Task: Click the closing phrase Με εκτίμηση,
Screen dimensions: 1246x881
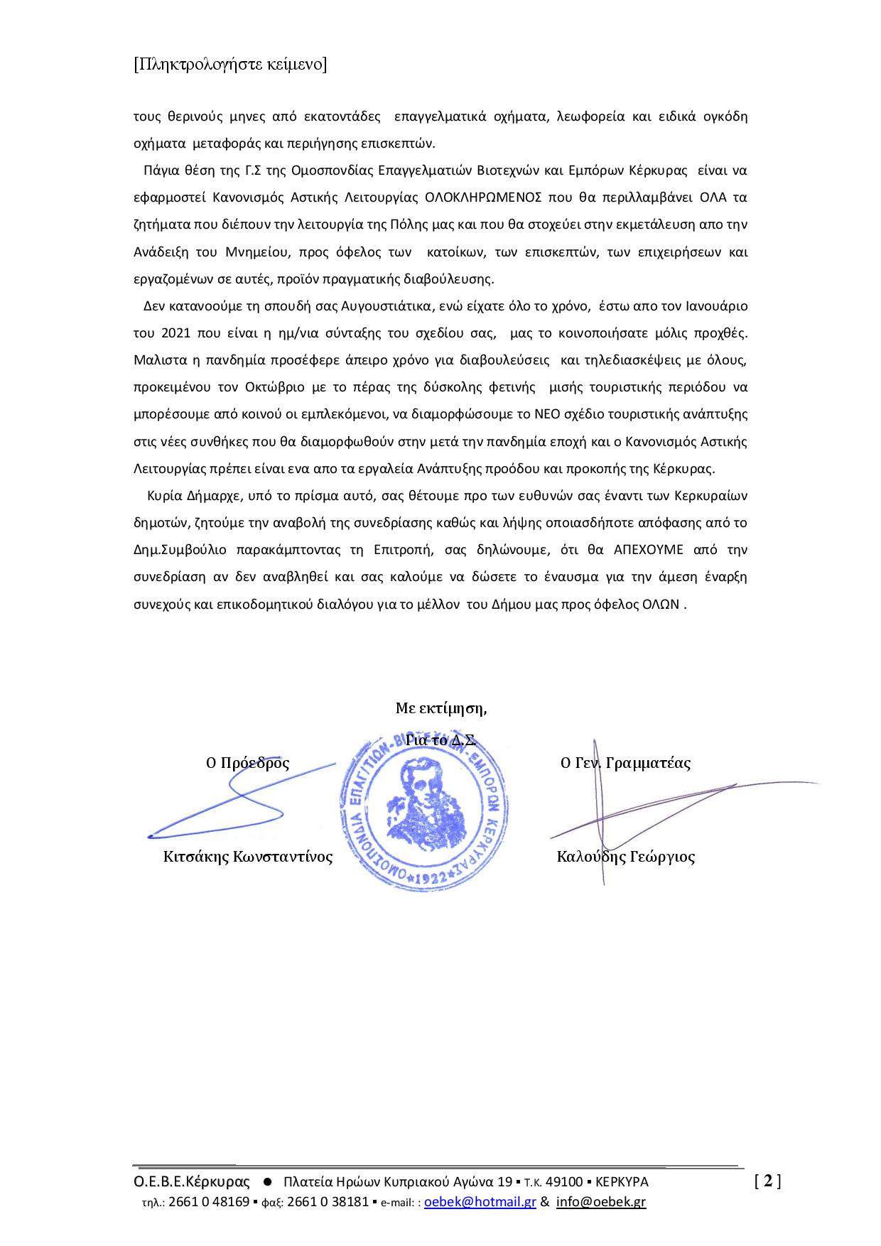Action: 440,708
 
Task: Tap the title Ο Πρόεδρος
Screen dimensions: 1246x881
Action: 247,763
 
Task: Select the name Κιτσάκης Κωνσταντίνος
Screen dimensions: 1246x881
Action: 248,856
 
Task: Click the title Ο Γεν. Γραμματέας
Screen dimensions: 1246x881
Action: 625,763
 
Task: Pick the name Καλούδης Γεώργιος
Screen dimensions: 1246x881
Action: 625,856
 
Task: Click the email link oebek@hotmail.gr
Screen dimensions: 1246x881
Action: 480,1202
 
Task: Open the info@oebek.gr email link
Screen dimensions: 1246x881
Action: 601,1202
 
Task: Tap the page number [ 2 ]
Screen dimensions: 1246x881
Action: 767,1181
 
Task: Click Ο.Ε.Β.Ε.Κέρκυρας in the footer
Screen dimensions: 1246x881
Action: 192,1182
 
